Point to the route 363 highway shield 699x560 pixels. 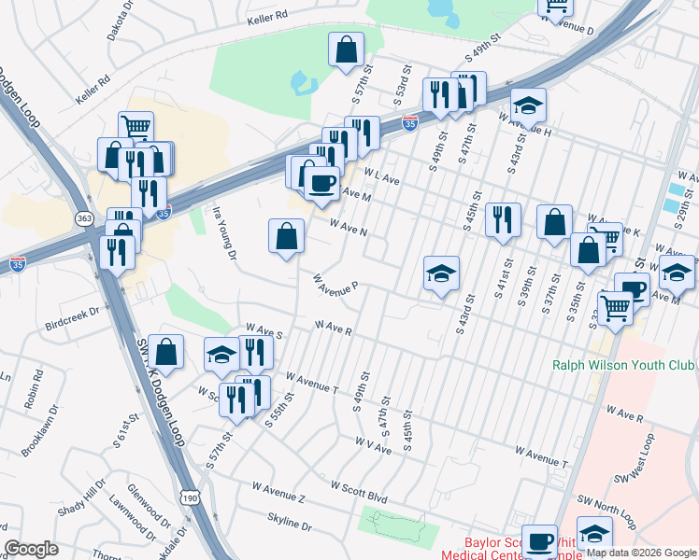[x=84, y=217]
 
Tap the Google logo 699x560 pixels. [x=32, y=549]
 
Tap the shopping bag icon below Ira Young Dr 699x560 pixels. [x=286, y=235]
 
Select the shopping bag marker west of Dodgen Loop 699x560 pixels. [x=165, y=352]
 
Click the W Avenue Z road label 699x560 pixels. [x=278, y=493]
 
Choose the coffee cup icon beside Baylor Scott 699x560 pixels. [x=538, y=541]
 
